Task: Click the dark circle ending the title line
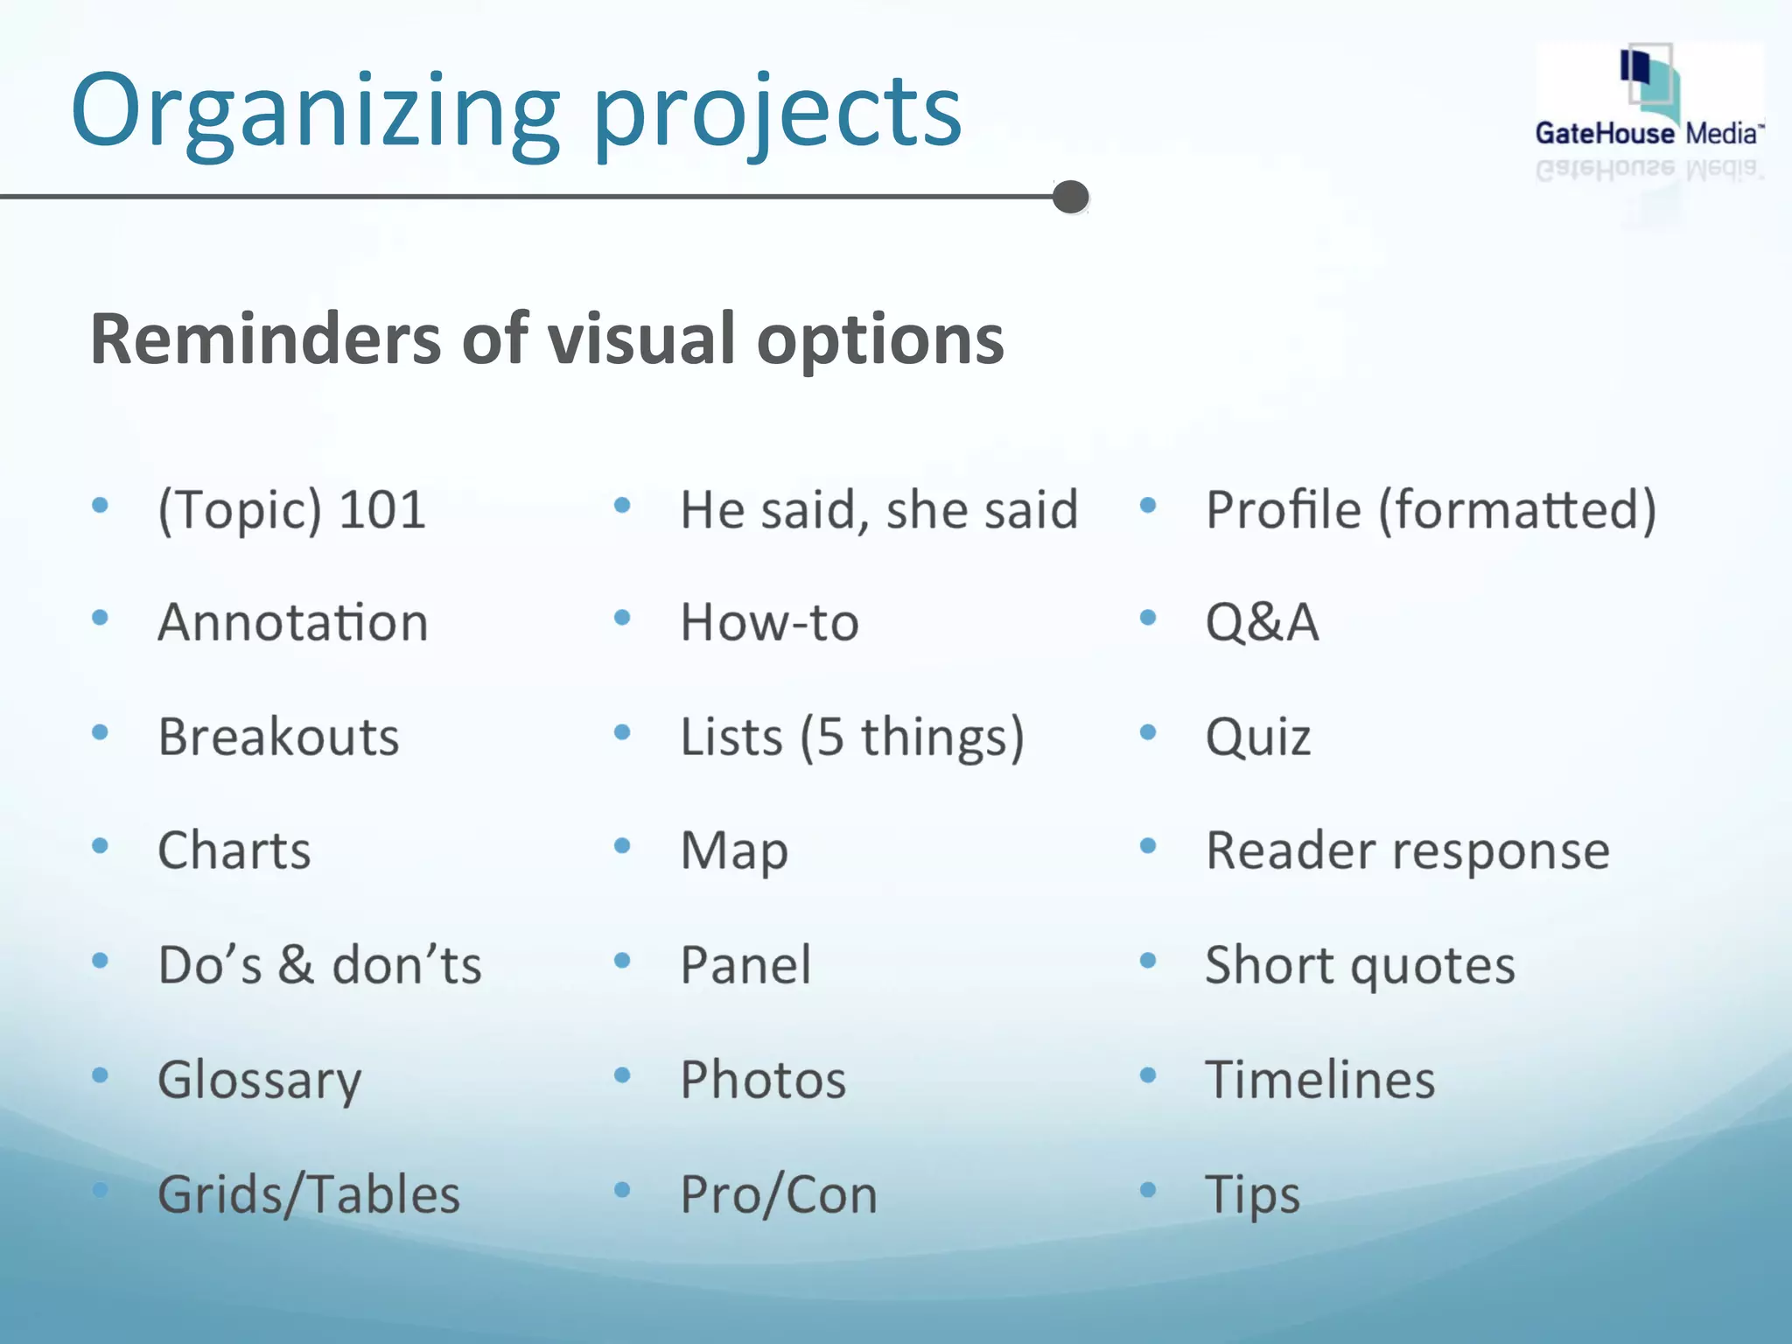(1070, 197)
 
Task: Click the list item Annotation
(293, 622)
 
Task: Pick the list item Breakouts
(278, 737)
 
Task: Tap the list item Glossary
(259, 1080)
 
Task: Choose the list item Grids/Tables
(309, 1194)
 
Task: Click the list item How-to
(770, 622)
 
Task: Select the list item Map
(735, 850)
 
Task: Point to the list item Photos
(763, 1080)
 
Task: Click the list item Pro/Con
(779, 1194)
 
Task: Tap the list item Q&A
(1262, 622)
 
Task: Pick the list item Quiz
(1258, 737)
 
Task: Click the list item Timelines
(1319, 1080)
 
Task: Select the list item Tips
(1252, 1194)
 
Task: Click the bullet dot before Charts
(100, 845)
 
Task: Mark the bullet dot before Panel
(622, 960)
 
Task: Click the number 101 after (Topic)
(382, 509)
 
